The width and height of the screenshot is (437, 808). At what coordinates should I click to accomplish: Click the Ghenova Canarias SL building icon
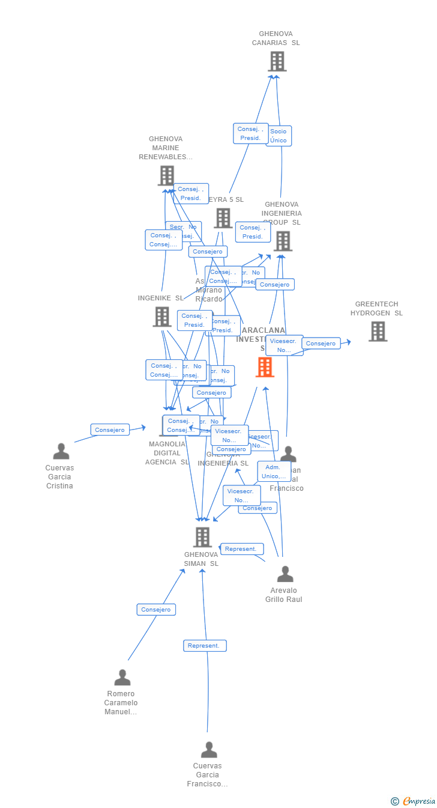277,61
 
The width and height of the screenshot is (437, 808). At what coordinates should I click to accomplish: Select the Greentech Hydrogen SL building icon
378,331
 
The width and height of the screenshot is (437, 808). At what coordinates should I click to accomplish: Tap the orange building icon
265,367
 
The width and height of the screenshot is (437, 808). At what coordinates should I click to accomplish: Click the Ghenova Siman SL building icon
202,537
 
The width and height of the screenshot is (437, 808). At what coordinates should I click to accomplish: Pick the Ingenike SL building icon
162,317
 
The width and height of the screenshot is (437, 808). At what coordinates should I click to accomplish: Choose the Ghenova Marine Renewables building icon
166,176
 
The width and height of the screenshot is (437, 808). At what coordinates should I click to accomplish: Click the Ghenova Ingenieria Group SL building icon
283,241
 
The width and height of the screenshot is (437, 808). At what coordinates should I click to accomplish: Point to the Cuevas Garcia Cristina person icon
61,451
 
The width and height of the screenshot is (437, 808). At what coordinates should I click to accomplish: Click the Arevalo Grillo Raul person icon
285,574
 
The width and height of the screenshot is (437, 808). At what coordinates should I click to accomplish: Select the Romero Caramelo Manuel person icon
122,678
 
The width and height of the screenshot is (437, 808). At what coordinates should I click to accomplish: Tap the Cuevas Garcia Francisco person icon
209,750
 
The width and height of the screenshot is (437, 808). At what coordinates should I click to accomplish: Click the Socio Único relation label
279,136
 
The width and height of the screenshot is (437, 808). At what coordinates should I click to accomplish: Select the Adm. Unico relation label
274,472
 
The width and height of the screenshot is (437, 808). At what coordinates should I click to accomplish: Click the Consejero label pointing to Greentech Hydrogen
321,344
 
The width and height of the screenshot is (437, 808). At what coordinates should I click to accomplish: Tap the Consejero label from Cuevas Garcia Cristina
110,430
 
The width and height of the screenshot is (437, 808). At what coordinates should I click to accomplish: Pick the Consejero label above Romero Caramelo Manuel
156,610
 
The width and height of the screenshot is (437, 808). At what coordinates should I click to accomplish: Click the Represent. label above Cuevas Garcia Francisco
205,646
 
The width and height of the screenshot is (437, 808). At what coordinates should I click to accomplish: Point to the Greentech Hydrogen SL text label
376,309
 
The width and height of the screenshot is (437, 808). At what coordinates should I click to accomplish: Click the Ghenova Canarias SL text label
276,38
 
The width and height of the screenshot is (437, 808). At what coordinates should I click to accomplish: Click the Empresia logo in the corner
414,801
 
